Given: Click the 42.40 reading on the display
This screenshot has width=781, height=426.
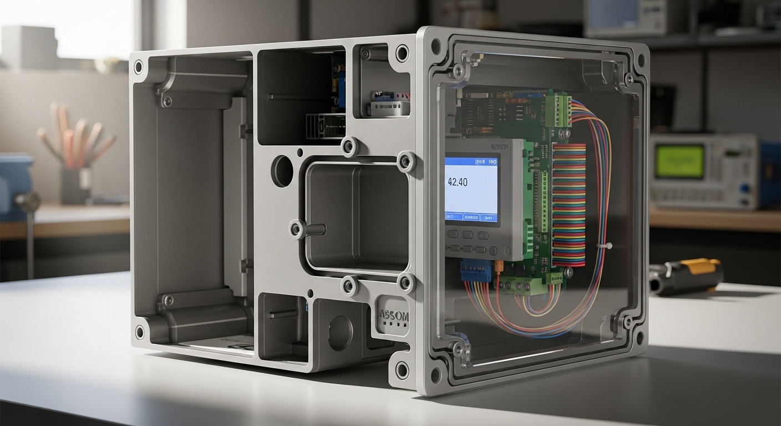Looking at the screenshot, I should click(457, 182).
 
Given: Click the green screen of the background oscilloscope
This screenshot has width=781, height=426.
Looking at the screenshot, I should click(679, 161).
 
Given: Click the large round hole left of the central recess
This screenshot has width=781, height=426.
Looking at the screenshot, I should click(282, 171).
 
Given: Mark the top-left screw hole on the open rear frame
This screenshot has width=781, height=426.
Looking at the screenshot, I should click(138, 67).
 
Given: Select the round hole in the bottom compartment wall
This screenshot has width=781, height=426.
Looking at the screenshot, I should click(339, 332).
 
